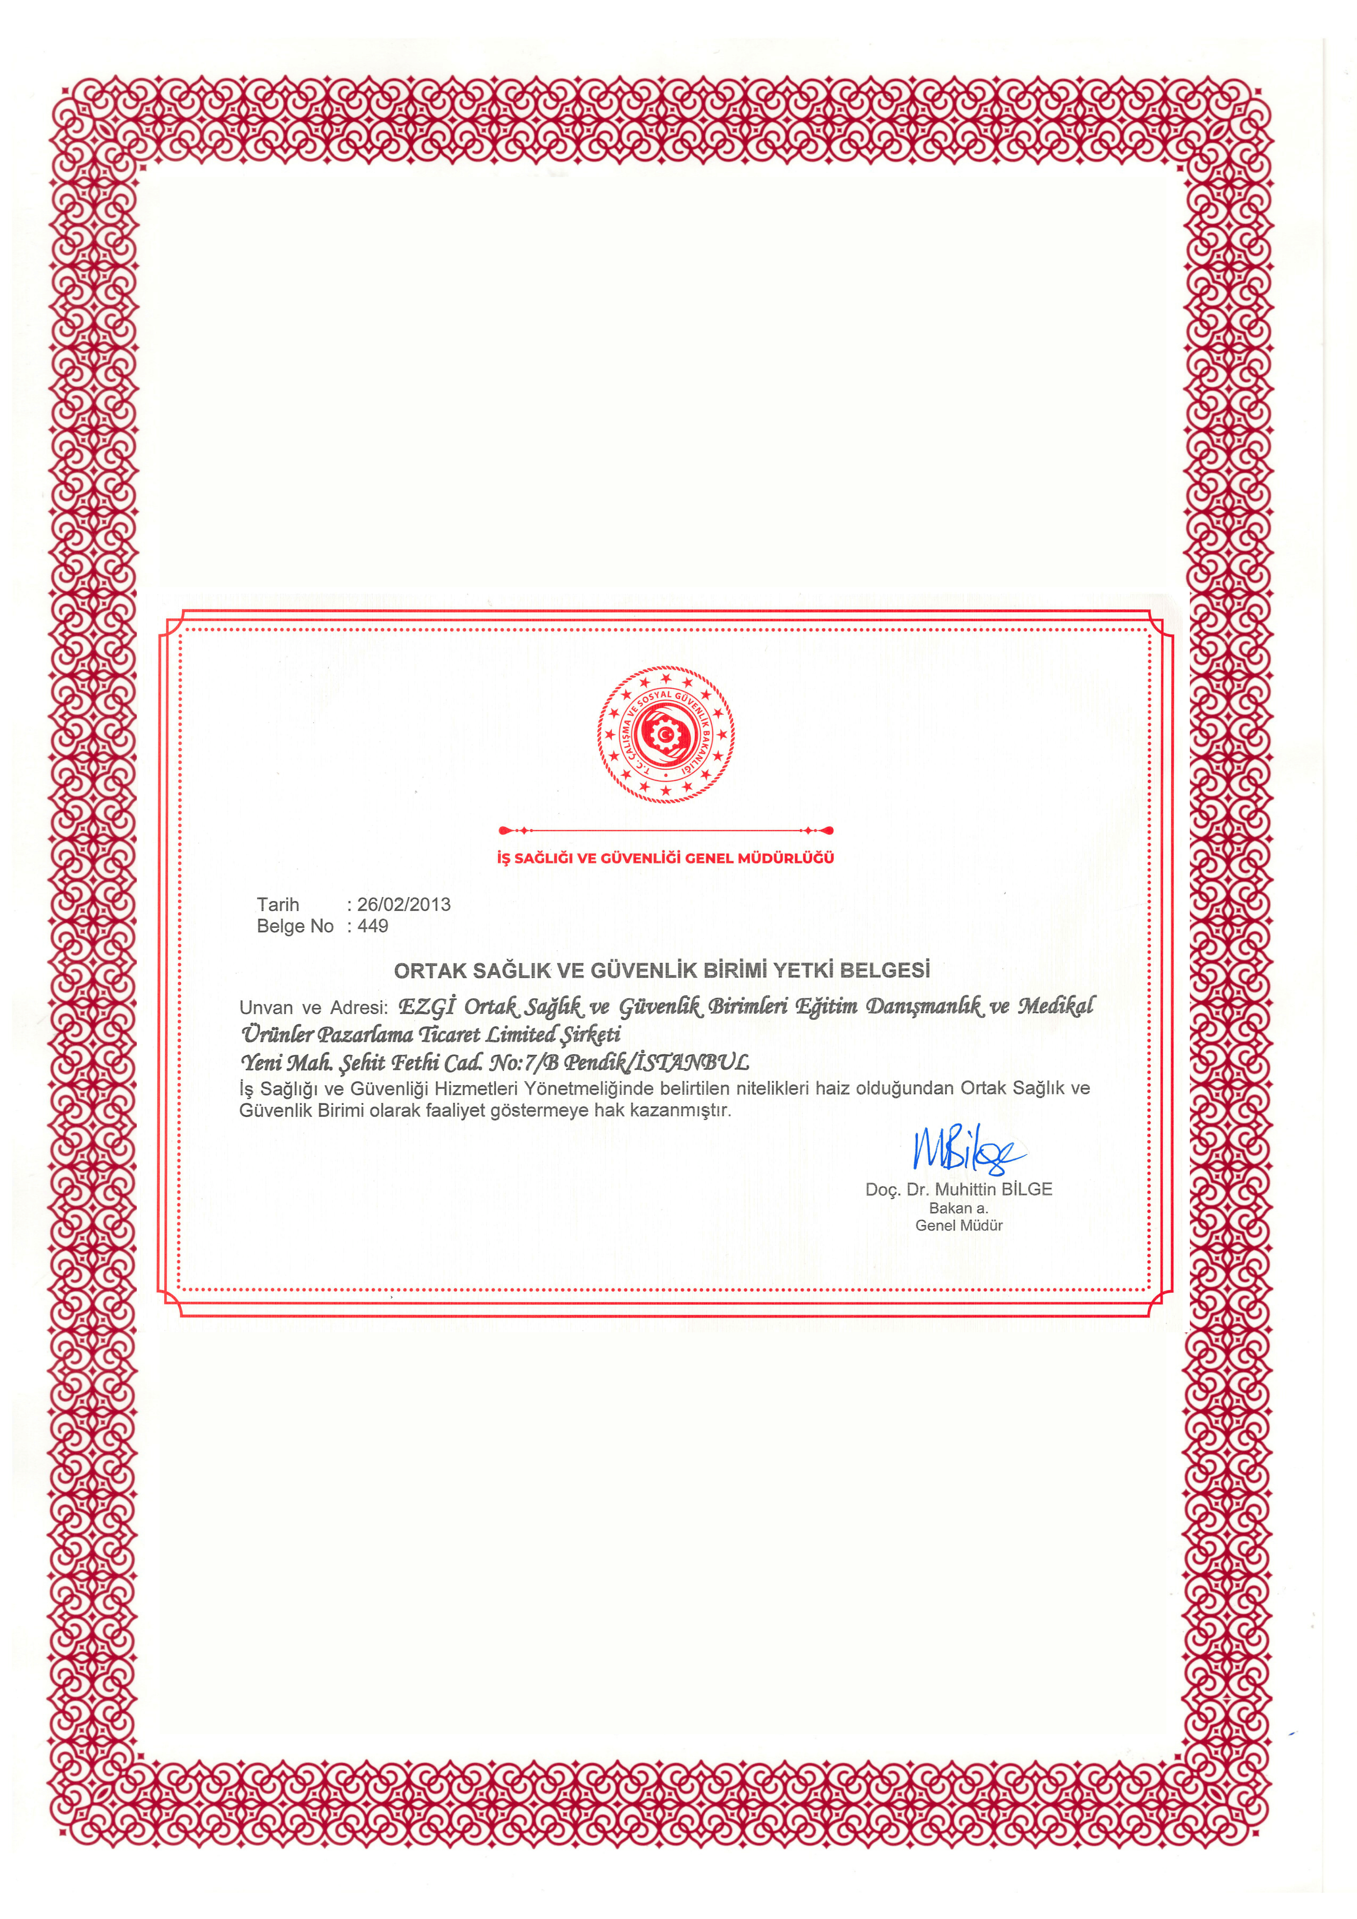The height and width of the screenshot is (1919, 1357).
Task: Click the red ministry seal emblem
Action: [x=665, y=734]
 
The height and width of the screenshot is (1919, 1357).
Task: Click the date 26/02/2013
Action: [x=404, y=904]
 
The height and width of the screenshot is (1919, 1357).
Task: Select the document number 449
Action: [x=373, y=926]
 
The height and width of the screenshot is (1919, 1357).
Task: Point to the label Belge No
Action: [x=295, y=926]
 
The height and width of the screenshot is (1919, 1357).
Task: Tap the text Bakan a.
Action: [x=958, y=1208]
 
